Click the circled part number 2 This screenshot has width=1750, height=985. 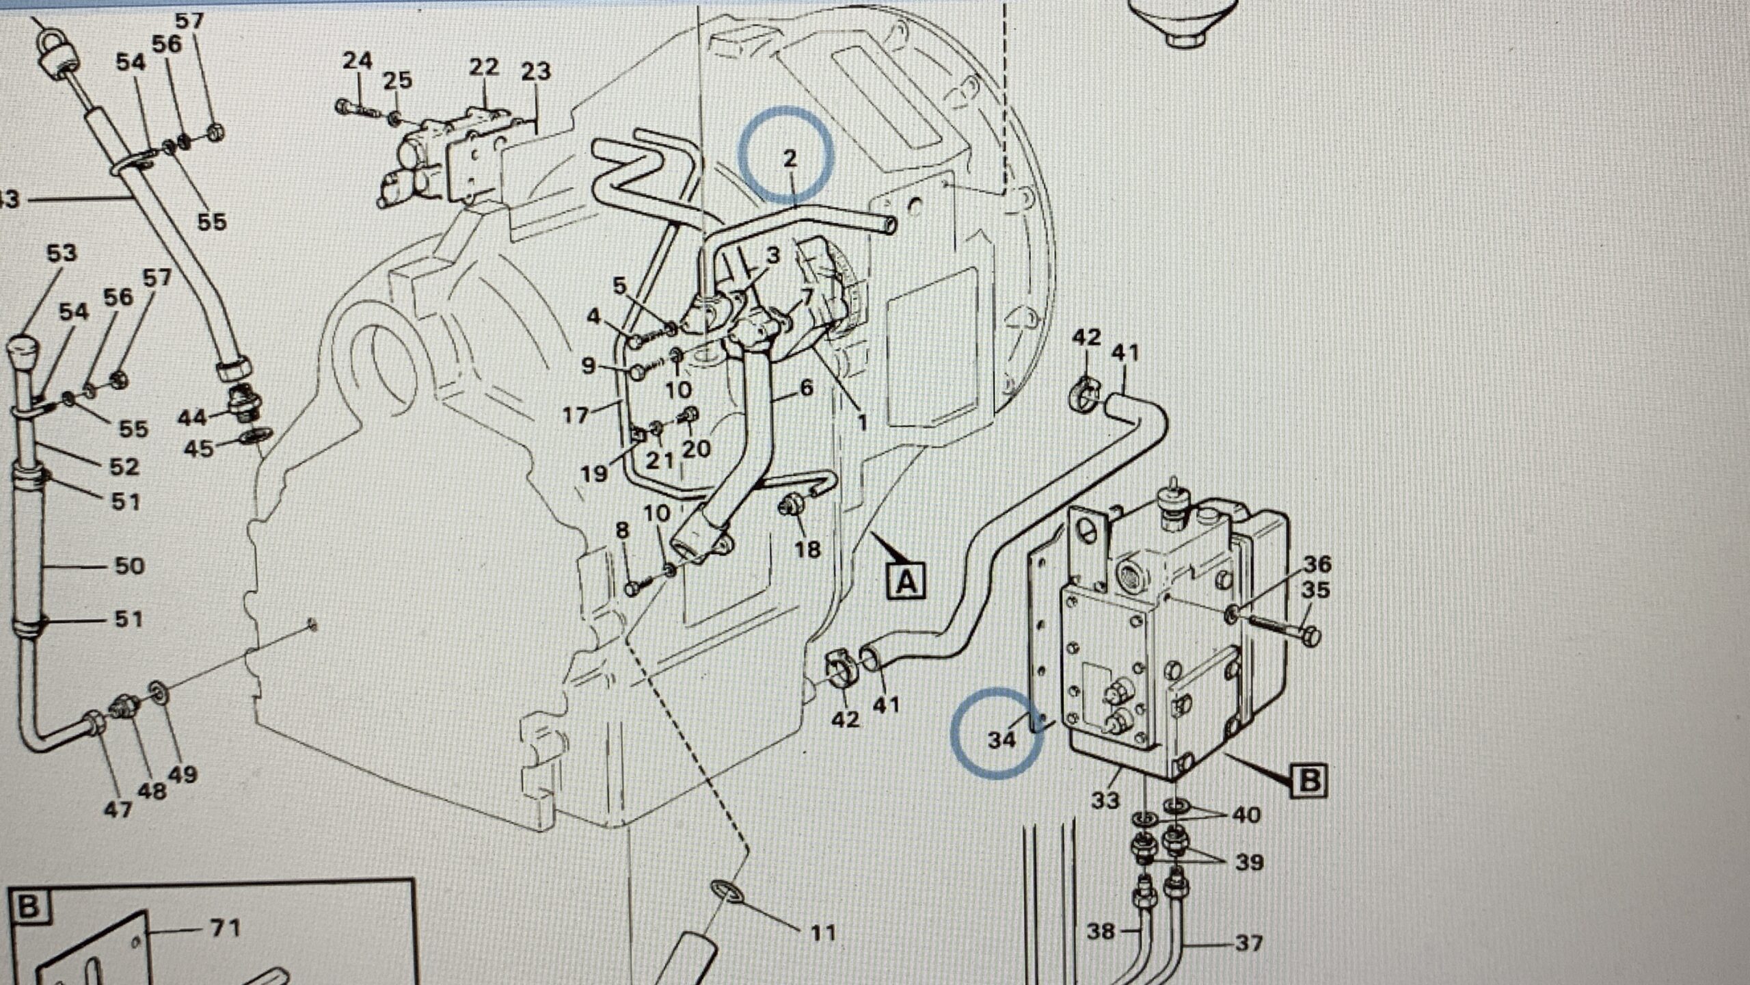click(x=790, y=159)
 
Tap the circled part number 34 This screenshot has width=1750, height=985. click(x=1001, y=739)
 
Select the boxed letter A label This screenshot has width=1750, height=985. click(x=906, y=581)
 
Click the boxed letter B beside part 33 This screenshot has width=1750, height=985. click(x=1308, y=780)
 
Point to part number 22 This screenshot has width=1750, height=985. click(x=484, y=68)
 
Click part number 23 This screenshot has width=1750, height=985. click(x=535, y=71)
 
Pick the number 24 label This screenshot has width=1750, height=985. click(x=357, y=61)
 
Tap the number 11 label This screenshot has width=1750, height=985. click(x=822, y=932)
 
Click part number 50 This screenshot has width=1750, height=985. click(x=129, y=566)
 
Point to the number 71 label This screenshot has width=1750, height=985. click(x=225, y=928)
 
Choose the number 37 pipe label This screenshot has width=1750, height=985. click(x=1248, y=944)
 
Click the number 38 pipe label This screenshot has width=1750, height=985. click(x=1100, y=931)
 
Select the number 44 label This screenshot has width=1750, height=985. click(x=192, y=417)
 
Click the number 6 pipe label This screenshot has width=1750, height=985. click(x=807, y=388)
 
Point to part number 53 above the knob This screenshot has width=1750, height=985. click(x=61, y=253)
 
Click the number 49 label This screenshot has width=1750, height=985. click(x=182, y=774)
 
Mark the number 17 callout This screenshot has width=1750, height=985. click(x=576, y=415)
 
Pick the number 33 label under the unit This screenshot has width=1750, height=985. click(x=1105, y=800)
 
